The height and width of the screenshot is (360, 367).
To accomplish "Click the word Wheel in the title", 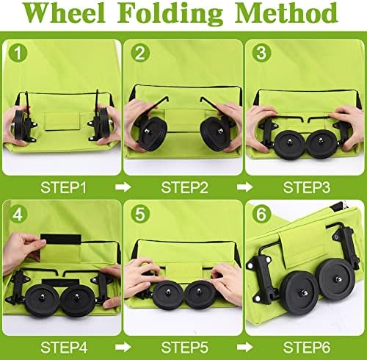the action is coord(65,12).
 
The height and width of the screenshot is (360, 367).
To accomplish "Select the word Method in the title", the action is coord(286,12).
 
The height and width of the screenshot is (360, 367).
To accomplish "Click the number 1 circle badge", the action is coord(18,53).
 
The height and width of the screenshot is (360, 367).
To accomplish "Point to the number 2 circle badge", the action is coord(140,53).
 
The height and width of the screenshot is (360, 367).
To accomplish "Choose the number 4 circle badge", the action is coord(18,214).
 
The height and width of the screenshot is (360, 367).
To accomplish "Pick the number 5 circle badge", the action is coord(140,214).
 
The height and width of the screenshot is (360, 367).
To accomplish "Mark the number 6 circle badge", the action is coord(261,214).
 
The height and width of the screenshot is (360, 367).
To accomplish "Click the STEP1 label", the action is coord(63,187).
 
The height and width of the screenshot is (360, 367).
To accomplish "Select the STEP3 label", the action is coord(307,187).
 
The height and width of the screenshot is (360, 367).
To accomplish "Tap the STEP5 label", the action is coord(184,347).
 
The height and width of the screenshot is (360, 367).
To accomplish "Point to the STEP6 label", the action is coord(307,347).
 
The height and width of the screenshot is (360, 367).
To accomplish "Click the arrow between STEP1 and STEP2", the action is coord(123,187).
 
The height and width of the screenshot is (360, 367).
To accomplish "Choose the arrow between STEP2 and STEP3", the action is coord(244,187).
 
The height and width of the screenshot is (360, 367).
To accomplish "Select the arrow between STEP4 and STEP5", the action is coord(123,347).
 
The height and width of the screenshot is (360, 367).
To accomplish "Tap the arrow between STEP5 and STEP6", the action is coord(244,347).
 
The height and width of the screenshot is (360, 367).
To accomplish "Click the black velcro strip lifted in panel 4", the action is coord(61,239).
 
